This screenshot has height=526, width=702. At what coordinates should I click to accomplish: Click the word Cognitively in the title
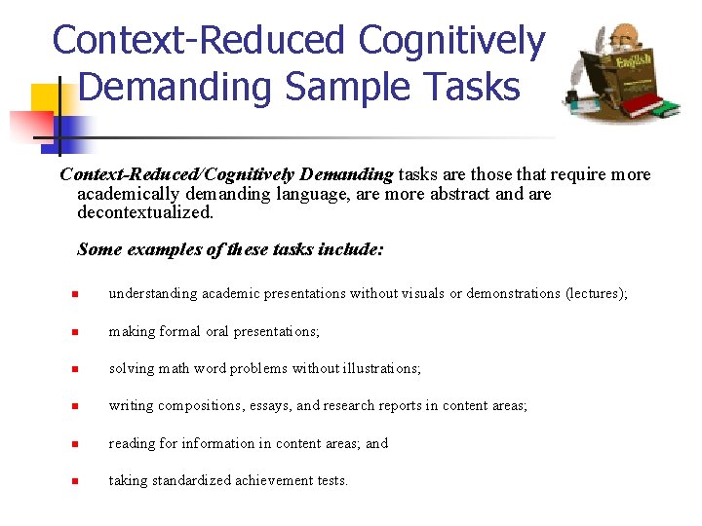pyautogui.click(x=451, y=41)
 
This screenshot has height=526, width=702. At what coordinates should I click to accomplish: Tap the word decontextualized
pyautogui.click(x=144, y=211)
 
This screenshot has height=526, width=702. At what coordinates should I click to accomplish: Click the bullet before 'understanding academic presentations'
pyautogui.click(x=73, y=294)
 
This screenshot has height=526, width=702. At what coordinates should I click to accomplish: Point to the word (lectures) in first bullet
pyautogui.click(x=597, y=293)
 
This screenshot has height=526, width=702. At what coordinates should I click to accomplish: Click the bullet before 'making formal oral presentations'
pyautogui.click(x=73, y=332)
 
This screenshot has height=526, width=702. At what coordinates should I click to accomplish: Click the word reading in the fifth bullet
pyautogui.click(x=132, y=443)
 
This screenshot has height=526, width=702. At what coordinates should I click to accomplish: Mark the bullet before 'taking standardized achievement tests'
pyautogui.click(x=73, y=481)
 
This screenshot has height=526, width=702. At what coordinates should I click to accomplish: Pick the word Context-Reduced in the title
pyautogui.click(x=199, y=41)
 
